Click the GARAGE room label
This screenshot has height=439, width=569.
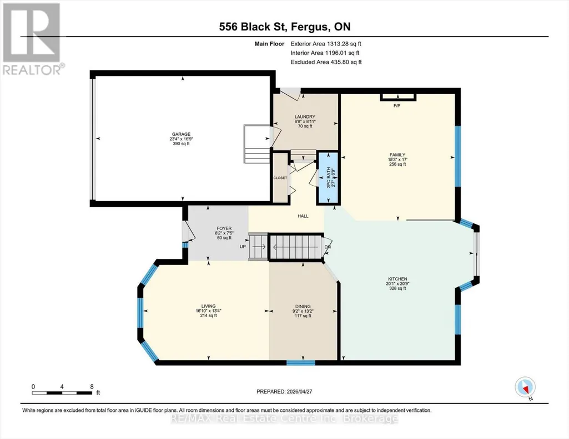point(181,134)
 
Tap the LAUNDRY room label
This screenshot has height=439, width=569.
point(305,117)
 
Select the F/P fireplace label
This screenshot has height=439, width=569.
point(397,106)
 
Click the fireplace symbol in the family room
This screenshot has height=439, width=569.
point(397,97)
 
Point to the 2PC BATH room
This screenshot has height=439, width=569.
point(328,178)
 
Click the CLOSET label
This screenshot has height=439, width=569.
point(280,178)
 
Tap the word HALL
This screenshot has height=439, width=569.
point(303,216)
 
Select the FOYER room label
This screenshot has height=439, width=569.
point(224,228)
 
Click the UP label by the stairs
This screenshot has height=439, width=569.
point(243,247)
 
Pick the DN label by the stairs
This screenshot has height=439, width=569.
point(328,247)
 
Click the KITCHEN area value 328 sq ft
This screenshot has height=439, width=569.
point(397,288)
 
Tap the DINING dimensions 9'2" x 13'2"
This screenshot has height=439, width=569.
point(303,311)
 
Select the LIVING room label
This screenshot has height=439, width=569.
point(209,306)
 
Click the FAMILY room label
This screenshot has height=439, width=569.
point(397,155)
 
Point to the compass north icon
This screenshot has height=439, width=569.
point(525,387)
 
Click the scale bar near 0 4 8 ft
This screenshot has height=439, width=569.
point(62,393)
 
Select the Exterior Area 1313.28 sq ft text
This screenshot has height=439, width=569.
point(326,44)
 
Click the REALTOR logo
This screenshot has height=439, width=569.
point(32,39)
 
